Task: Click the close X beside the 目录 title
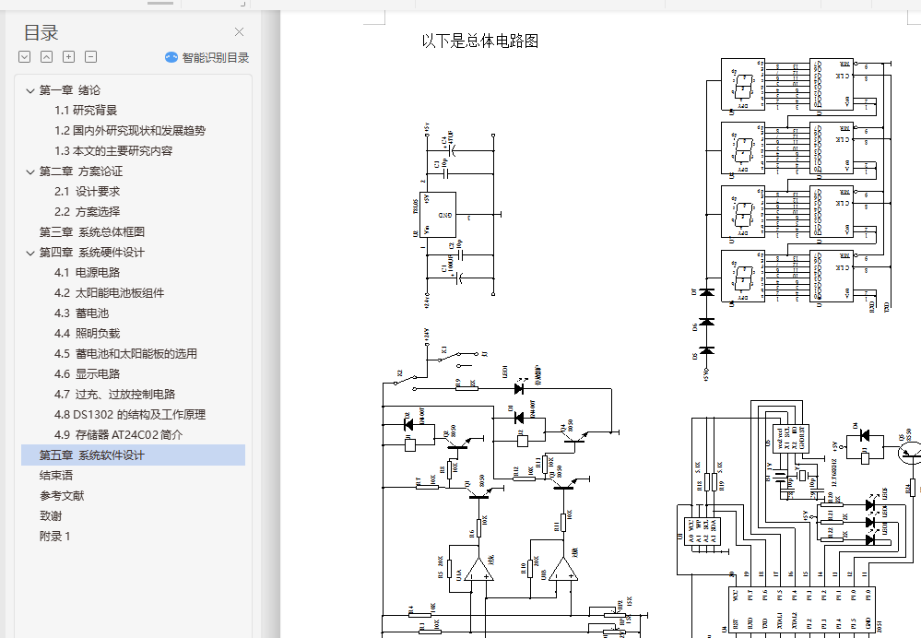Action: coord(240,32)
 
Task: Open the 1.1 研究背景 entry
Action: coord(86,110)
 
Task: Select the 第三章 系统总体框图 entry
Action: coord(91,231)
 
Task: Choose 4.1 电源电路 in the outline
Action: coord(87,272)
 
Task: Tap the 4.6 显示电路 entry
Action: coord(87,373)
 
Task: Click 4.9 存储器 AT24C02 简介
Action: coord(118,434)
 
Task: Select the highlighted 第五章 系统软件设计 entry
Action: coord(91,455)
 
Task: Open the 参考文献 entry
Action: coord(62,495)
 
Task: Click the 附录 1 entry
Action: coord(54,536)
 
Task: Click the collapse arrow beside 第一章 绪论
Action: coord(28,90)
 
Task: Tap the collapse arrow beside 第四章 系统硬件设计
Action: coord(28,253)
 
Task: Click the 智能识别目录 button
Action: coord(207,57)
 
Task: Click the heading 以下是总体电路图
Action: coord(479,41)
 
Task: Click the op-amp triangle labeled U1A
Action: coord(478,572)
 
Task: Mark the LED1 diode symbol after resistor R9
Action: coord(519,389)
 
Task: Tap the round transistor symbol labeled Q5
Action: coord(911,451)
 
